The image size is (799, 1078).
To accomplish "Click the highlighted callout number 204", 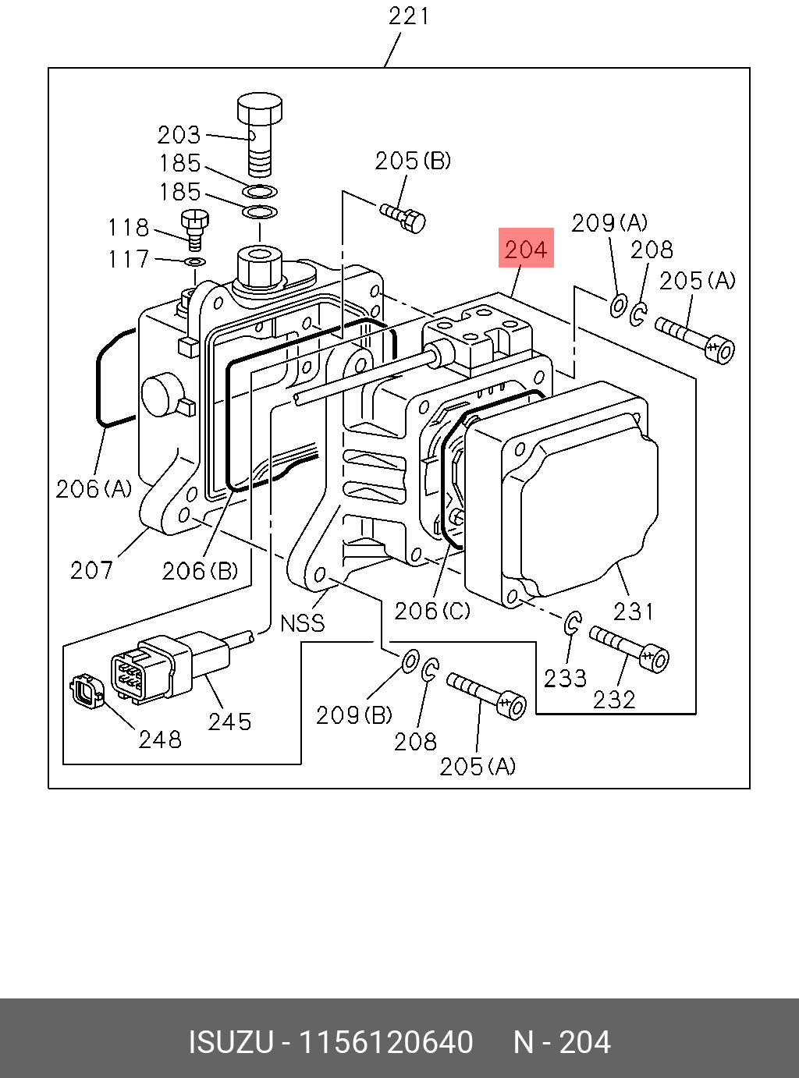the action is pos(526,250).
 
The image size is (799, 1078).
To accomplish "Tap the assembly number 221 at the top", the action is pos(409,16).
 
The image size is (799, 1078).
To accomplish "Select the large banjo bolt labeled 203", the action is pos(260,133).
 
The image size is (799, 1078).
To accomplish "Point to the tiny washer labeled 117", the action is pos(195,262).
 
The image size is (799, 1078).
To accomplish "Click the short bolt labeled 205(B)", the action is pos(403,218).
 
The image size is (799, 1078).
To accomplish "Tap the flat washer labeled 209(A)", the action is pos(618,307).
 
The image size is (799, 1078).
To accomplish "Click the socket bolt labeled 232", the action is pos(629,649).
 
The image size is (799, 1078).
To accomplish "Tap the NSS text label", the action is pos(303,623).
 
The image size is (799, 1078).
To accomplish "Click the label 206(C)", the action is pos(432,612).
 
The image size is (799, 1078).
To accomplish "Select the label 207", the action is pos(92,570).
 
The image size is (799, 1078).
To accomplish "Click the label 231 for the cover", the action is pos(634,611).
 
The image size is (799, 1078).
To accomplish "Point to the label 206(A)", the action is pos(94,489).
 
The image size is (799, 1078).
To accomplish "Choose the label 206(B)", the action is pos(200,571).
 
